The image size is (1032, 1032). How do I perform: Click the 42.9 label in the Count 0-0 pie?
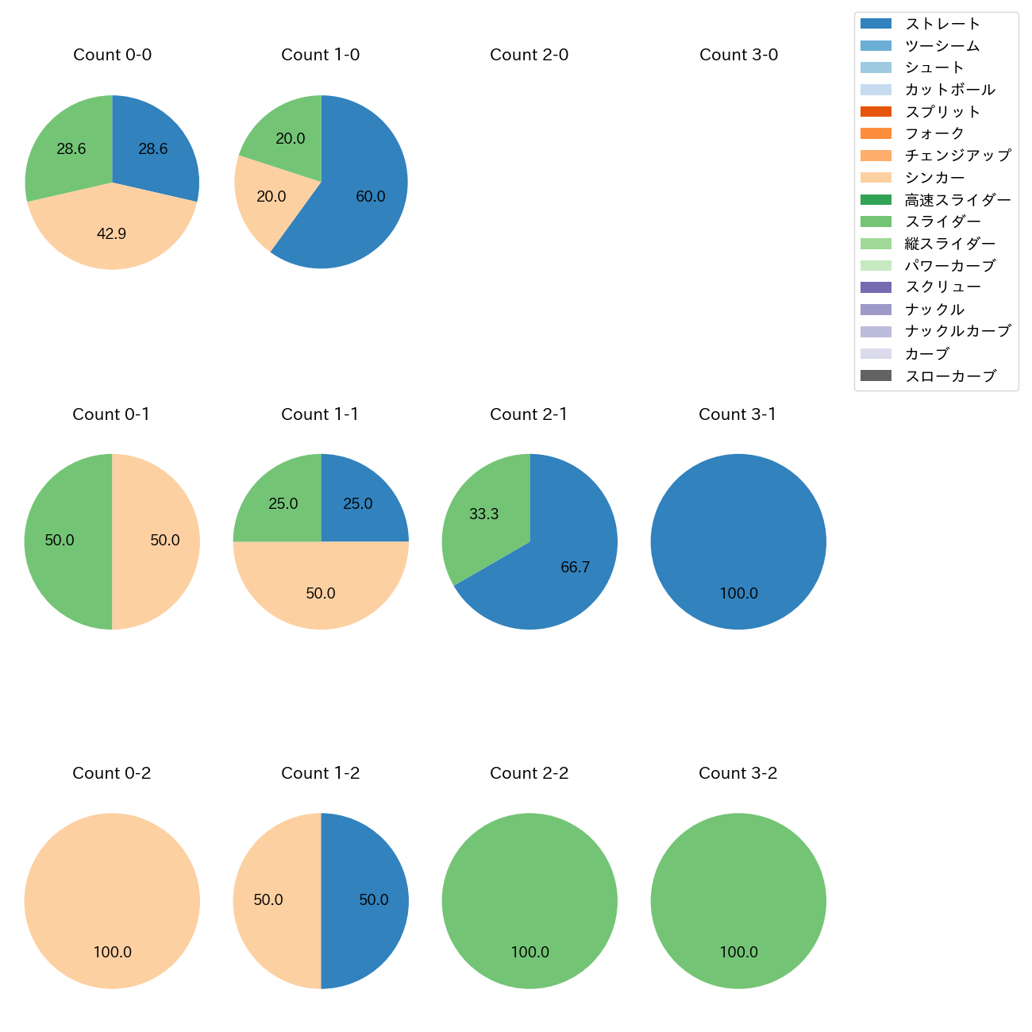[x=111, y=233]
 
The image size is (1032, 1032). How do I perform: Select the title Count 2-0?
[x=529, y=55]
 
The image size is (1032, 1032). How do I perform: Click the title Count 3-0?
[x=738, y=55]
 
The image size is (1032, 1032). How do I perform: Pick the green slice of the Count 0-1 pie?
[x=67, y=541]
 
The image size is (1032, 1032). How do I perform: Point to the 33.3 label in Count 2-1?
[x=483, y=514]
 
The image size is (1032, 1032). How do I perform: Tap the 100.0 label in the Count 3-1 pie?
[x=738, y=594]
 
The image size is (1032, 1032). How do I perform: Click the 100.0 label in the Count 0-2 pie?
[x=112, y=953]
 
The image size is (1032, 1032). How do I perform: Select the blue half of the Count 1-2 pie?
[x=365, y=901]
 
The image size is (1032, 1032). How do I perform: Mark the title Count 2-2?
[x=529, y=773]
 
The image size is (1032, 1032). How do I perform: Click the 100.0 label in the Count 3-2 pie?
[x=738, y=953]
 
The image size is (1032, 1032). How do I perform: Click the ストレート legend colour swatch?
[x=876, y=24]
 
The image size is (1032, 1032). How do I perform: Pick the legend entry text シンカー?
[x=935, y=178]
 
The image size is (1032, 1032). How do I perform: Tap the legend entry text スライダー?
[x=943, y=221]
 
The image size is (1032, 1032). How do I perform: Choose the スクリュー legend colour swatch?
[x=876, y=287]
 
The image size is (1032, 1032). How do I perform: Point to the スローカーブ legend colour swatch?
[x=876, y=375]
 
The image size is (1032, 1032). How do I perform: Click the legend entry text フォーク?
[x=935, y=133]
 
